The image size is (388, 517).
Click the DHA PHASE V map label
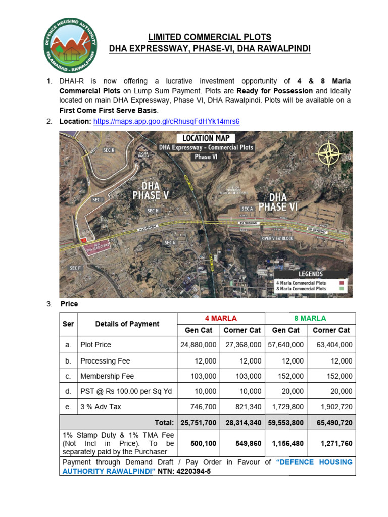pos(147,191)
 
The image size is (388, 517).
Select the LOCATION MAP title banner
pos(206,138)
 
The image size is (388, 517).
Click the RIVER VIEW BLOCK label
pos(277,238)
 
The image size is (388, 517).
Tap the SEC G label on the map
pos(169,243)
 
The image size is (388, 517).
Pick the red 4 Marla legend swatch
pos(342,283)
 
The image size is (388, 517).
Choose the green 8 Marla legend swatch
pos(342,289)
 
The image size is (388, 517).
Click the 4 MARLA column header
pos(220,318)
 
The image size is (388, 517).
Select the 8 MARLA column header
pos(310,318)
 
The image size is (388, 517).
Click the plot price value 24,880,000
pos(199,345)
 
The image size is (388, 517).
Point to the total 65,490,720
pos(331,422)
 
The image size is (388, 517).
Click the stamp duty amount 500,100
pos(204,443)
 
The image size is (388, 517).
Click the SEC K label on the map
pos(109,150)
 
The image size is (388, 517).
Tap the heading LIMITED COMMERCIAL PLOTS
pos(209,37)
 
